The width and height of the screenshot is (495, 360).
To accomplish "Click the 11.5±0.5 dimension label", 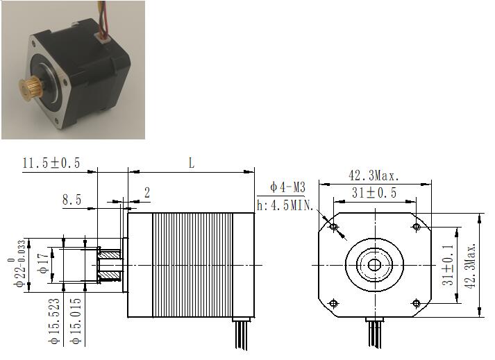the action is (51, 163).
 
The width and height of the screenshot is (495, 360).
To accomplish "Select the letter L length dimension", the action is (192, 163).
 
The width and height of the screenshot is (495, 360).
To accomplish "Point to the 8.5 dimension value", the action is (72, 200).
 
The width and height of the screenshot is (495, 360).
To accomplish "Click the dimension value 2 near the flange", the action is (147, 192).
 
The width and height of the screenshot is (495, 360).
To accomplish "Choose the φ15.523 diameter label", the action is (54, 320).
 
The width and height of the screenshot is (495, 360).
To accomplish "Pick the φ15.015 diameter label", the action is (76, 320).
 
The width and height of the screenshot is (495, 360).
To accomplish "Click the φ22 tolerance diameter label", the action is (19, 264).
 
